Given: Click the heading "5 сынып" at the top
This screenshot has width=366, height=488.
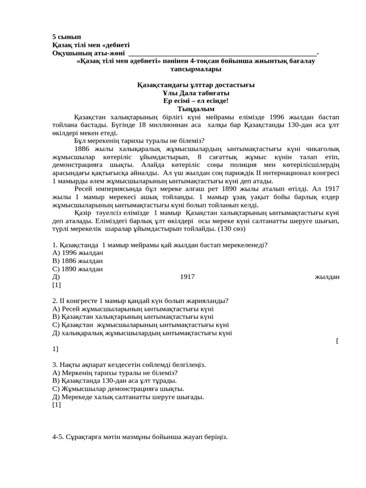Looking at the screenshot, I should [x=67, y=37].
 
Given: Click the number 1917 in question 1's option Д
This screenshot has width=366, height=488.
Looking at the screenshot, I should [x=187, y=277].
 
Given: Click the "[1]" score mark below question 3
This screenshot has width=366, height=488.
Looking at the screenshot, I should [x=57, y=405].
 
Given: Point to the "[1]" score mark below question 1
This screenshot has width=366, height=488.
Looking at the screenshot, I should [x=57, y=285].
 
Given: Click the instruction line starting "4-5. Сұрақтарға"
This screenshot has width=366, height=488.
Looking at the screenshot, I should [x=140, y=437].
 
